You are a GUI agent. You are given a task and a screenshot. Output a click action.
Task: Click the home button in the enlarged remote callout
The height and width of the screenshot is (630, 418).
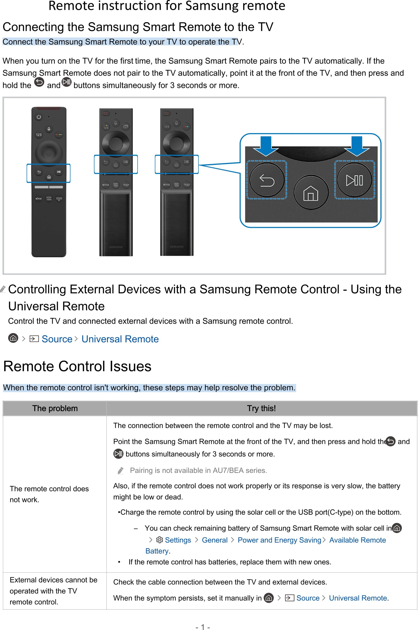(x=311, y=192)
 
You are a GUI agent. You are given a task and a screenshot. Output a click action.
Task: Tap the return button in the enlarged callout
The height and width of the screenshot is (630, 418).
(x=267, y=180)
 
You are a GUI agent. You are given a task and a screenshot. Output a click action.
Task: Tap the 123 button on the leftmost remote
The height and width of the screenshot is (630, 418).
(x=39, y=135)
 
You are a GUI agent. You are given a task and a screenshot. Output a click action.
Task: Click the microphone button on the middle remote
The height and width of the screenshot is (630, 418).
(x=116, y=123)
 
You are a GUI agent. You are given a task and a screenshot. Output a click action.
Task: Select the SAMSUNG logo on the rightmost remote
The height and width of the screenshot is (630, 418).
(x=177, y=247)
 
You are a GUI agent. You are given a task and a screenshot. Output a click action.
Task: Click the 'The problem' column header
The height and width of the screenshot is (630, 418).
(x=55, y=408)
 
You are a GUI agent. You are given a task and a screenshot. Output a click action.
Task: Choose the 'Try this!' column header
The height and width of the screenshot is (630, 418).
(x=261, y=408)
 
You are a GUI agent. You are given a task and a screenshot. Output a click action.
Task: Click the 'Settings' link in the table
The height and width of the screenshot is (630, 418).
(x=178, y=540)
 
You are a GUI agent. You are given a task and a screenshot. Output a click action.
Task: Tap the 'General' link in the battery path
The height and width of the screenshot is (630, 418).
(x=215, y=540)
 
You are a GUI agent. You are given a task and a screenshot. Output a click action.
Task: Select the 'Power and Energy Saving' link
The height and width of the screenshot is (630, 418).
(x=279, y=540)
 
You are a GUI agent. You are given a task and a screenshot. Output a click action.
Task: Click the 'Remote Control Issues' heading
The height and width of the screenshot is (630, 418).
(x=77, y=366)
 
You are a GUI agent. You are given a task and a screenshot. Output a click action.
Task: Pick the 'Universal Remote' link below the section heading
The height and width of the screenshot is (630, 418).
(x=120, y=339)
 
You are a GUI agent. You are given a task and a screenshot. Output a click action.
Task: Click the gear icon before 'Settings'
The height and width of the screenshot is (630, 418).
(x=159, y=540)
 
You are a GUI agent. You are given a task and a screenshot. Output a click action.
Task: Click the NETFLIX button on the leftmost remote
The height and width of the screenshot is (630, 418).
(x=39, y=199)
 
